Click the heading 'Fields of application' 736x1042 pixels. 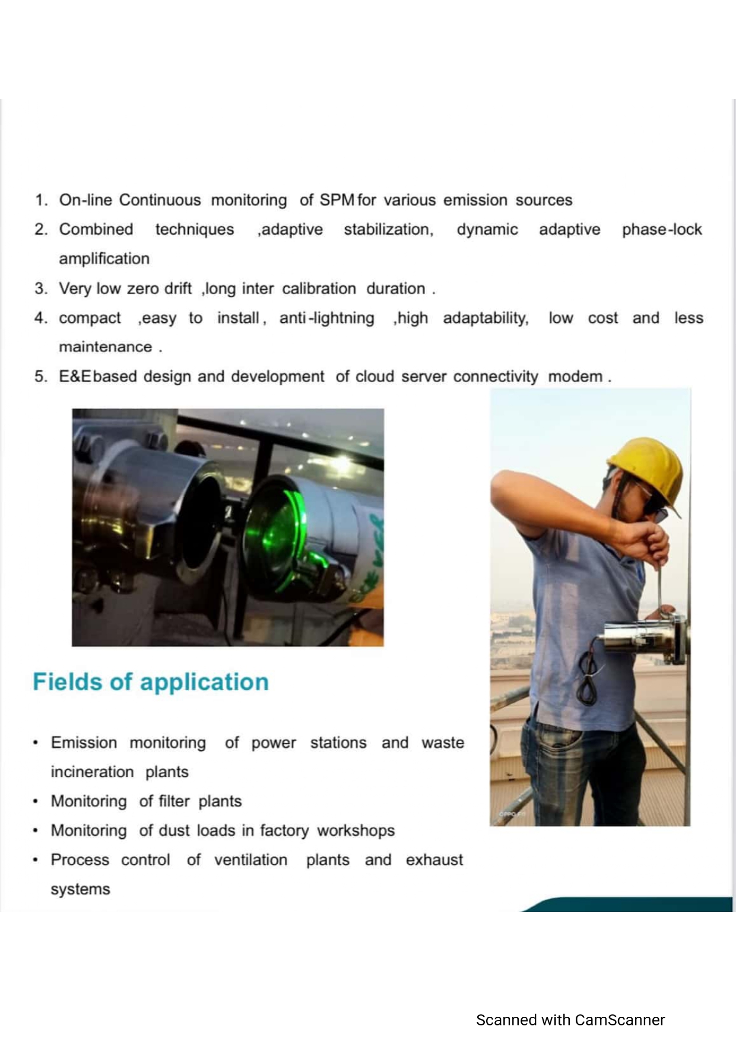coord(151,682)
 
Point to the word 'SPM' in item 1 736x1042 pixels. coord(337,200)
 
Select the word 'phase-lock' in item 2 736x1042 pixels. coord(662,230)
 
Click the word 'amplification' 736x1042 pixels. coord(104,259)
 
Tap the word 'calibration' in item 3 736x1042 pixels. coord(319,289)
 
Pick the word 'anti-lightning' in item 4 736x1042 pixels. coord(326,318)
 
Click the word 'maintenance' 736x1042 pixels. coord(105,347)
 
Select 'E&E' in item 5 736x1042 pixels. coord(75,376)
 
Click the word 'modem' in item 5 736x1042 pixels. coord(575,376)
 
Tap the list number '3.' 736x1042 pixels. coord(40,289)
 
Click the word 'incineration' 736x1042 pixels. coord(92,772)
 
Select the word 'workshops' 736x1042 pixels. coord(356,831)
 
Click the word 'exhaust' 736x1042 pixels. coord(434,860)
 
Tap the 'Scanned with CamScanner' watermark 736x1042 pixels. coord(570,1020)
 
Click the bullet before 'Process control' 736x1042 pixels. coord(36,860)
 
